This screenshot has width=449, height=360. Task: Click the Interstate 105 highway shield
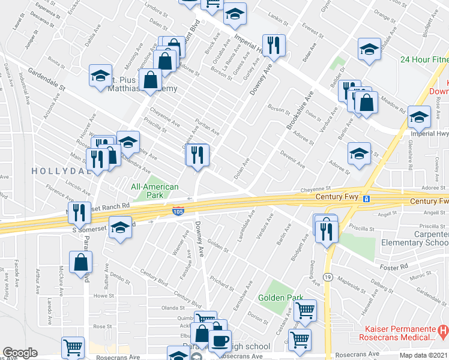(178, 210)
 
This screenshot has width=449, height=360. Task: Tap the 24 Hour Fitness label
(425, 59)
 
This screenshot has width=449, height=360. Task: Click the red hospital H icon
(443, 330)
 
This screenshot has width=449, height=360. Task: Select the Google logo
(20, 353)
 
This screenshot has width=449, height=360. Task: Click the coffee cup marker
(220, 340)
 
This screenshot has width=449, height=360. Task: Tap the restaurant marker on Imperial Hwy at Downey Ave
(274, 44)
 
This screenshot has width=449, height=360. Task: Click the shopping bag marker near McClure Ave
(80, 262)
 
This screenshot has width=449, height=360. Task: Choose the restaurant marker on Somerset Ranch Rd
(79, 211)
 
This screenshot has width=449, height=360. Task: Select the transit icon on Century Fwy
(365, 199)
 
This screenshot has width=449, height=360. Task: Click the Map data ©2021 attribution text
(424, 355)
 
